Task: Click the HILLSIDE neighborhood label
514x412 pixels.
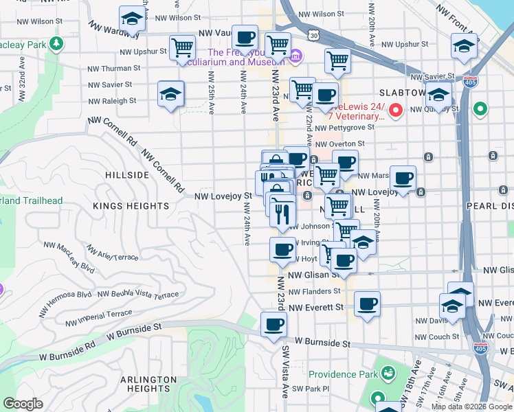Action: (x=127, y=175)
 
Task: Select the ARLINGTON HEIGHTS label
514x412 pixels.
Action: (x=149, y=385)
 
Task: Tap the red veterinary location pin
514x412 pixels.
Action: (x=396, y=109)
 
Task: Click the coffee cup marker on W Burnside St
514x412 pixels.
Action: (x=274, y=325)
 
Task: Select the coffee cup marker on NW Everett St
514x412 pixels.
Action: (x=367, y=304)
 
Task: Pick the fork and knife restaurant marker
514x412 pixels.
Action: (x=282, y=214)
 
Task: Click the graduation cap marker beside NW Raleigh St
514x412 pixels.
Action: (x=171, y=94)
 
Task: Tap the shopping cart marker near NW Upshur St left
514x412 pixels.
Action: (x=182, y=49)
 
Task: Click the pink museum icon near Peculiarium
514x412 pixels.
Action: (x=295, y=56)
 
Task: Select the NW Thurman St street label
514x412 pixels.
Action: (x=114, y=69)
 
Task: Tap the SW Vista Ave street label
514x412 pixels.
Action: (x=285, y=371)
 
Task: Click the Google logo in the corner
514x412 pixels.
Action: (x=23, y=404)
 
